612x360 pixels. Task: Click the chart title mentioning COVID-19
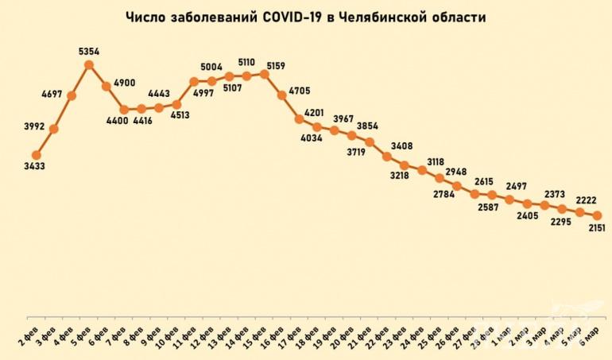305,17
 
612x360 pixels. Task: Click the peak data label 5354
89,52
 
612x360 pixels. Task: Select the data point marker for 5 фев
89,65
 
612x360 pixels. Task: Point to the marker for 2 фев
37,155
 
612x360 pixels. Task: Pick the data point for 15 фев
264,74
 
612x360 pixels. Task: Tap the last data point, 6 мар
597,215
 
